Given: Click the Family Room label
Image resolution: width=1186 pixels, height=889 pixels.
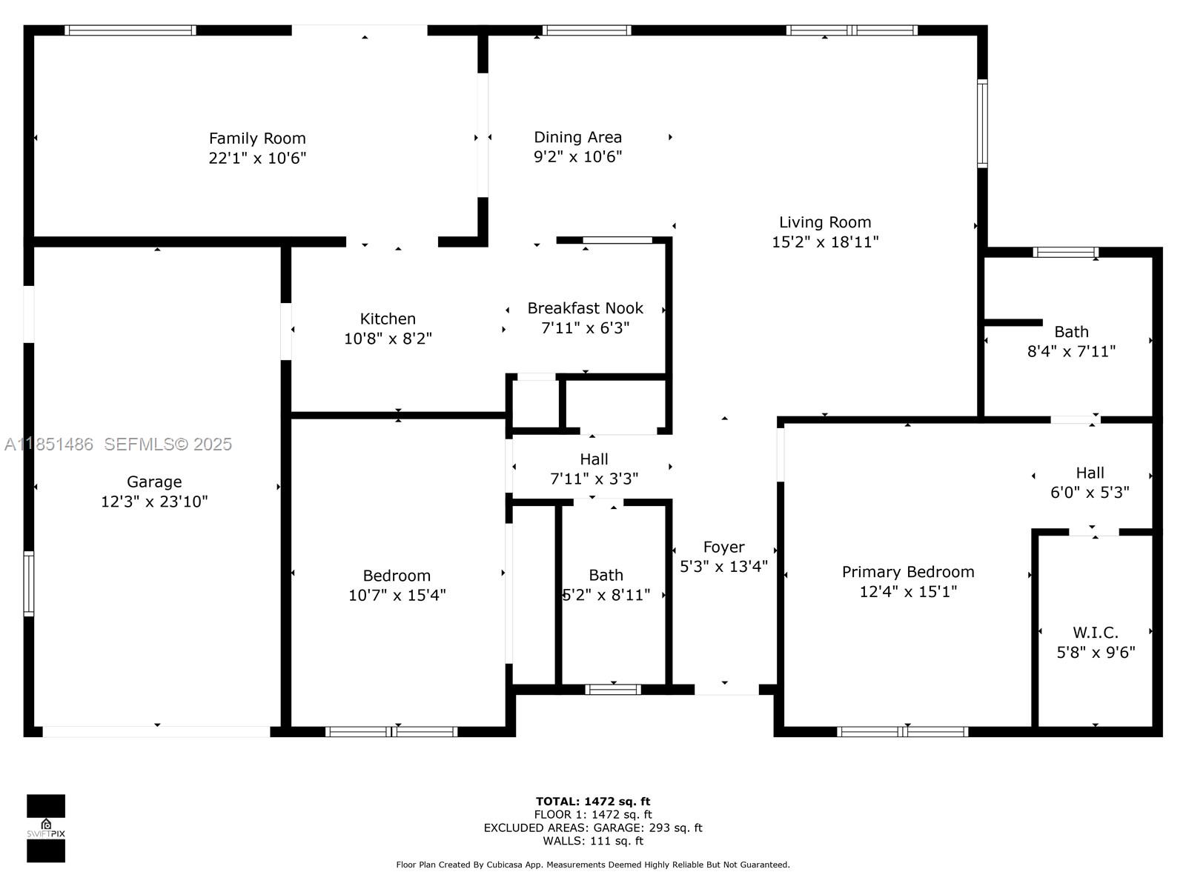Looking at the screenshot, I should [257, 139].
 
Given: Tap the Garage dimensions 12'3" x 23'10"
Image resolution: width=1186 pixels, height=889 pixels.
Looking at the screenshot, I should [154, 502].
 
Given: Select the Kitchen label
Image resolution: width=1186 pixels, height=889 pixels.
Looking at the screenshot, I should [388, 319].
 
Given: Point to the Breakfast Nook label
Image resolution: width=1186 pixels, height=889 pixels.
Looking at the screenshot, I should [585, 308].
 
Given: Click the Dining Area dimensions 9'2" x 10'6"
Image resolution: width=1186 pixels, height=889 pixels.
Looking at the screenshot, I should [577, 156].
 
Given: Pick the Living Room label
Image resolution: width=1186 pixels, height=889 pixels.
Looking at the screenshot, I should [824, 222].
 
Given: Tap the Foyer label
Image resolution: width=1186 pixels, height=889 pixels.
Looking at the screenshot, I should [723, 547].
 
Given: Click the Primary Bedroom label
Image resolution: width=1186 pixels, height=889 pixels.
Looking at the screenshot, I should [907, 572].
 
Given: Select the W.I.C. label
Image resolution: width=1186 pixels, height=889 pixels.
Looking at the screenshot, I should [1095, 633].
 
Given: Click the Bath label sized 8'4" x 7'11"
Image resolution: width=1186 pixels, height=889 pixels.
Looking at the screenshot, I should [1071, 332].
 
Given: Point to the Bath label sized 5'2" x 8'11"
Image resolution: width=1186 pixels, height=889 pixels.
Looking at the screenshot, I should [606, 575].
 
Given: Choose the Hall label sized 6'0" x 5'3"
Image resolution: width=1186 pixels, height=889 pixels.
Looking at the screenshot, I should [1090, 473].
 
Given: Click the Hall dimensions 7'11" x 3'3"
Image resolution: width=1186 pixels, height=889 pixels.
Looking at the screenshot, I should [594, 479].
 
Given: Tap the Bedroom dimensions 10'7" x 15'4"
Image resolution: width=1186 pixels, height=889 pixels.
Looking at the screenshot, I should [397, 595].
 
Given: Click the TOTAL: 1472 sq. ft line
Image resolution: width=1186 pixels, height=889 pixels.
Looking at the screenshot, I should [592, 801].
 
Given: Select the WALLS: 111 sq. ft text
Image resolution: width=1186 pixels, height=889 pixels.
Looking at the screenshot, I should [592, 841].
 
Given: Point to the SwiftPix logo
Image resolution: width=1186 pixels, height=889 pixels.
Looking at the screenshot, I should [46, 828].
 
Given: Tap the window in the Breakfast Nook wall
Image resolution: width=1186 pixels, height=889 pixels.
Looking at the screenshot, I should [617, 240].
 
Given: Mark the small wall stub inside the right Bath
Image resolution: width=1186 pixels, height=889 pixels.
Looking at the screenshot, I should [1013, 322].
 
